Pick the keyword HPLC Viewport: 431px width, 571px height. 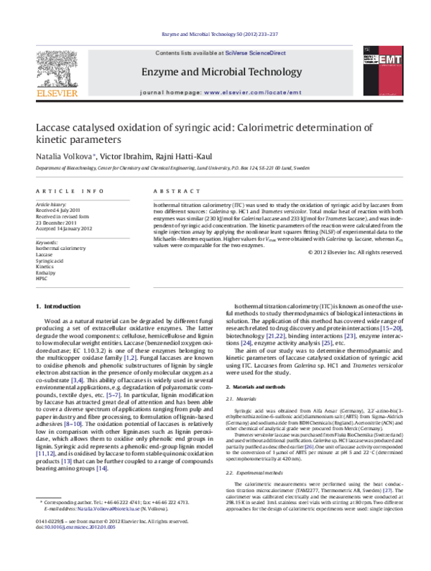click(41, 277)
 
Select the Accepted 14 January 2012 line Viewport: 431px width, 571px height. click(65, 228)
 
